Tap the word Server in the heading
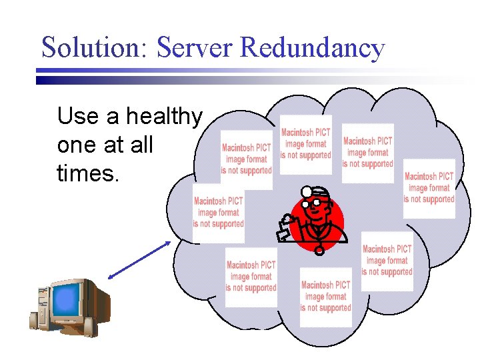tap(195, 48)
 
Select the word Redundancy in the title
tap(312, 48)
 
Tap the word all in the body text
tap(141, 146)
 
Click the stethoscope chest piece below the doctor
tap(320, 251)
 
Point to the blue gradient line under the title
tap(200, 79)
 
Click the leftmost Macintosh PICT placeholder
tap(219, 213)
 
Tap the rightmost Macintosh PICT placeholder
tap(429, 188)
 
